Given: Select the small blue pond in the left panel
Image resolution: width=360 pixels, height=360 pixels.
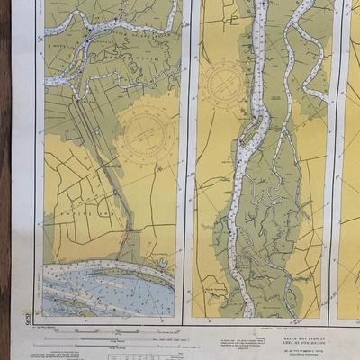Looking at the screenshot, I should point(162,265).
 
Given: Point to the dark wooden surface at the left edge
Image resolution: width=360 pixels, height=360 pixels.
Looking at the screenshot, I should point(4,180).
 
